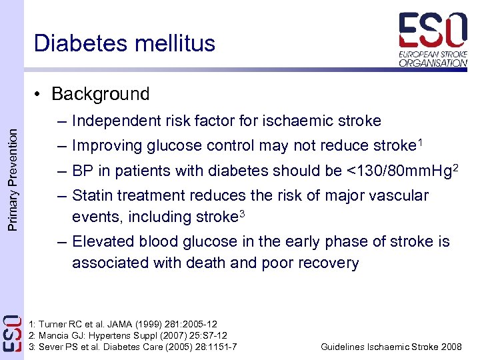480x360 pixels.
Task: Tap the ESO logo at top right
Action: tap(433, 39)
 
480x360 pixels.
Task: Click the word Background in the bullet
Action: tap(100, 94)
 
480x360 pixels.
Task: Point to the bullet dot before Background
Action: tap(41, 95)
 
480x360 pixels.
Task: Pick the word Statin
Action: tap(92, 195)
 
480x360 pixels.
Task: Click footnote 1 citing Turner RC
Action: tap(123, 324)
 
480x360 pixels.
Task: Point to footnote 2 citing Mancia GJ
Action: tap(127, 335)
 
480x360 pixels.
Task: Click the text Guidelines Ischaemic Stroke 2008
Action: tap(391, 347)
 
